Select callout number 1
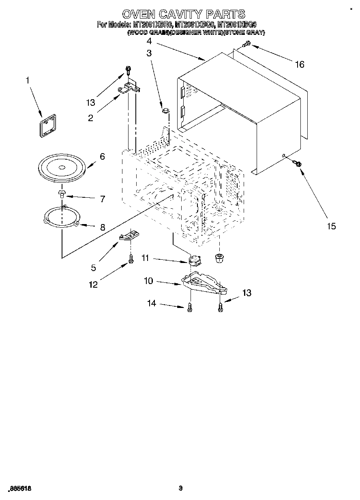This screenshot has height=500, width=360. click(28, 81)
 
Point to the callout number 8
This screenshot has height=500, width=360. click(102, 228)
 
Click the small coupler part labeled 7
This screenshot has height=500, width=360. click(62, 193)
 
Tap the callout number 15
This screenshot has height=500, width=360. click(331, 226)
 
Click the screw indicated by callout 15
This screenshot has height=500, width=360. click(297, 163)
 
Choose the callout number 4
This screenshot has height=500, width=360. click(149, 41)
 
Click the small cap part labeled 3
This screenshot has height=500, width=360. click(165, 110)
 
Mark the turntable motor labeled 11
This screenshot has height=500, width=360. click(196, 260)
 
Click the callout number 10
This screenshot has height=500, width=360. click(149, 280)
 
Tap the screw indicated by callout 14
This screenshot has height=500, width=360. click(190, 309)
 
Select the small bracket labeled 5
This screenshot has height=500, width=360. click(129, 236)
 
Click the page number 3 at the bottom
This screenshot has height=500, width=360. click(181, 488)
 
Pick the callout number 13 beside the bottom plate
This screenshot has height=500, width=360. click(246, 293)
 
